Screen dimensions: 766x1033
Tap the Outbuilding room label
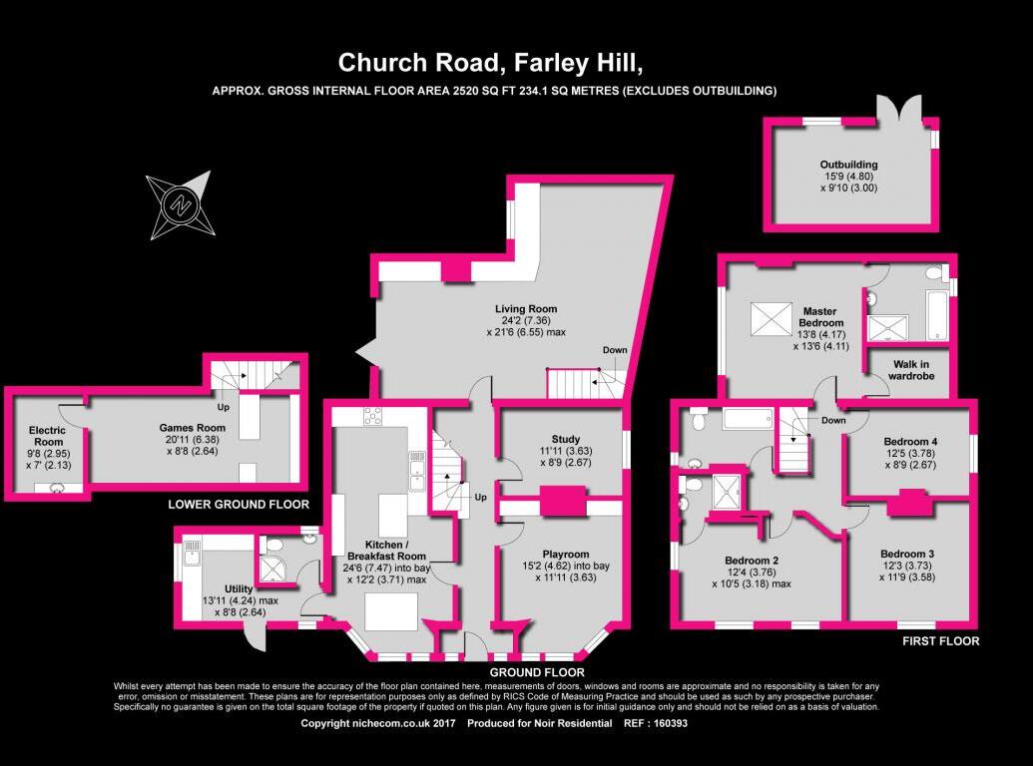point(848,165)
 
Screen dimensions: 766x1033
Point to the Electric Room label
point(45,436)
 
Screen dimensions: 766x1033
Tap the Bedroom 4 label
point(910,441)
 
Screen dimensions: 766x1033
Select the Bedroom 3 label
point(907,554)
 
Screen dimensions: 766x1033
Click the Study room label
point(565,439)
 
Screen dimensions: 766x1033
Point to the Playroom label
point(566,554)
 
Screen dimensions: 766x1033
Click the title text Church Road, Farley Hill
point(490,63)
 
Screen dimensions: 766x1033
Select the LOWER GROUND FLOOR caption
point(240,505)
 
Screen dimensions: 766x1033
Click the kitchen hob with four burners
point(373,417)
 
